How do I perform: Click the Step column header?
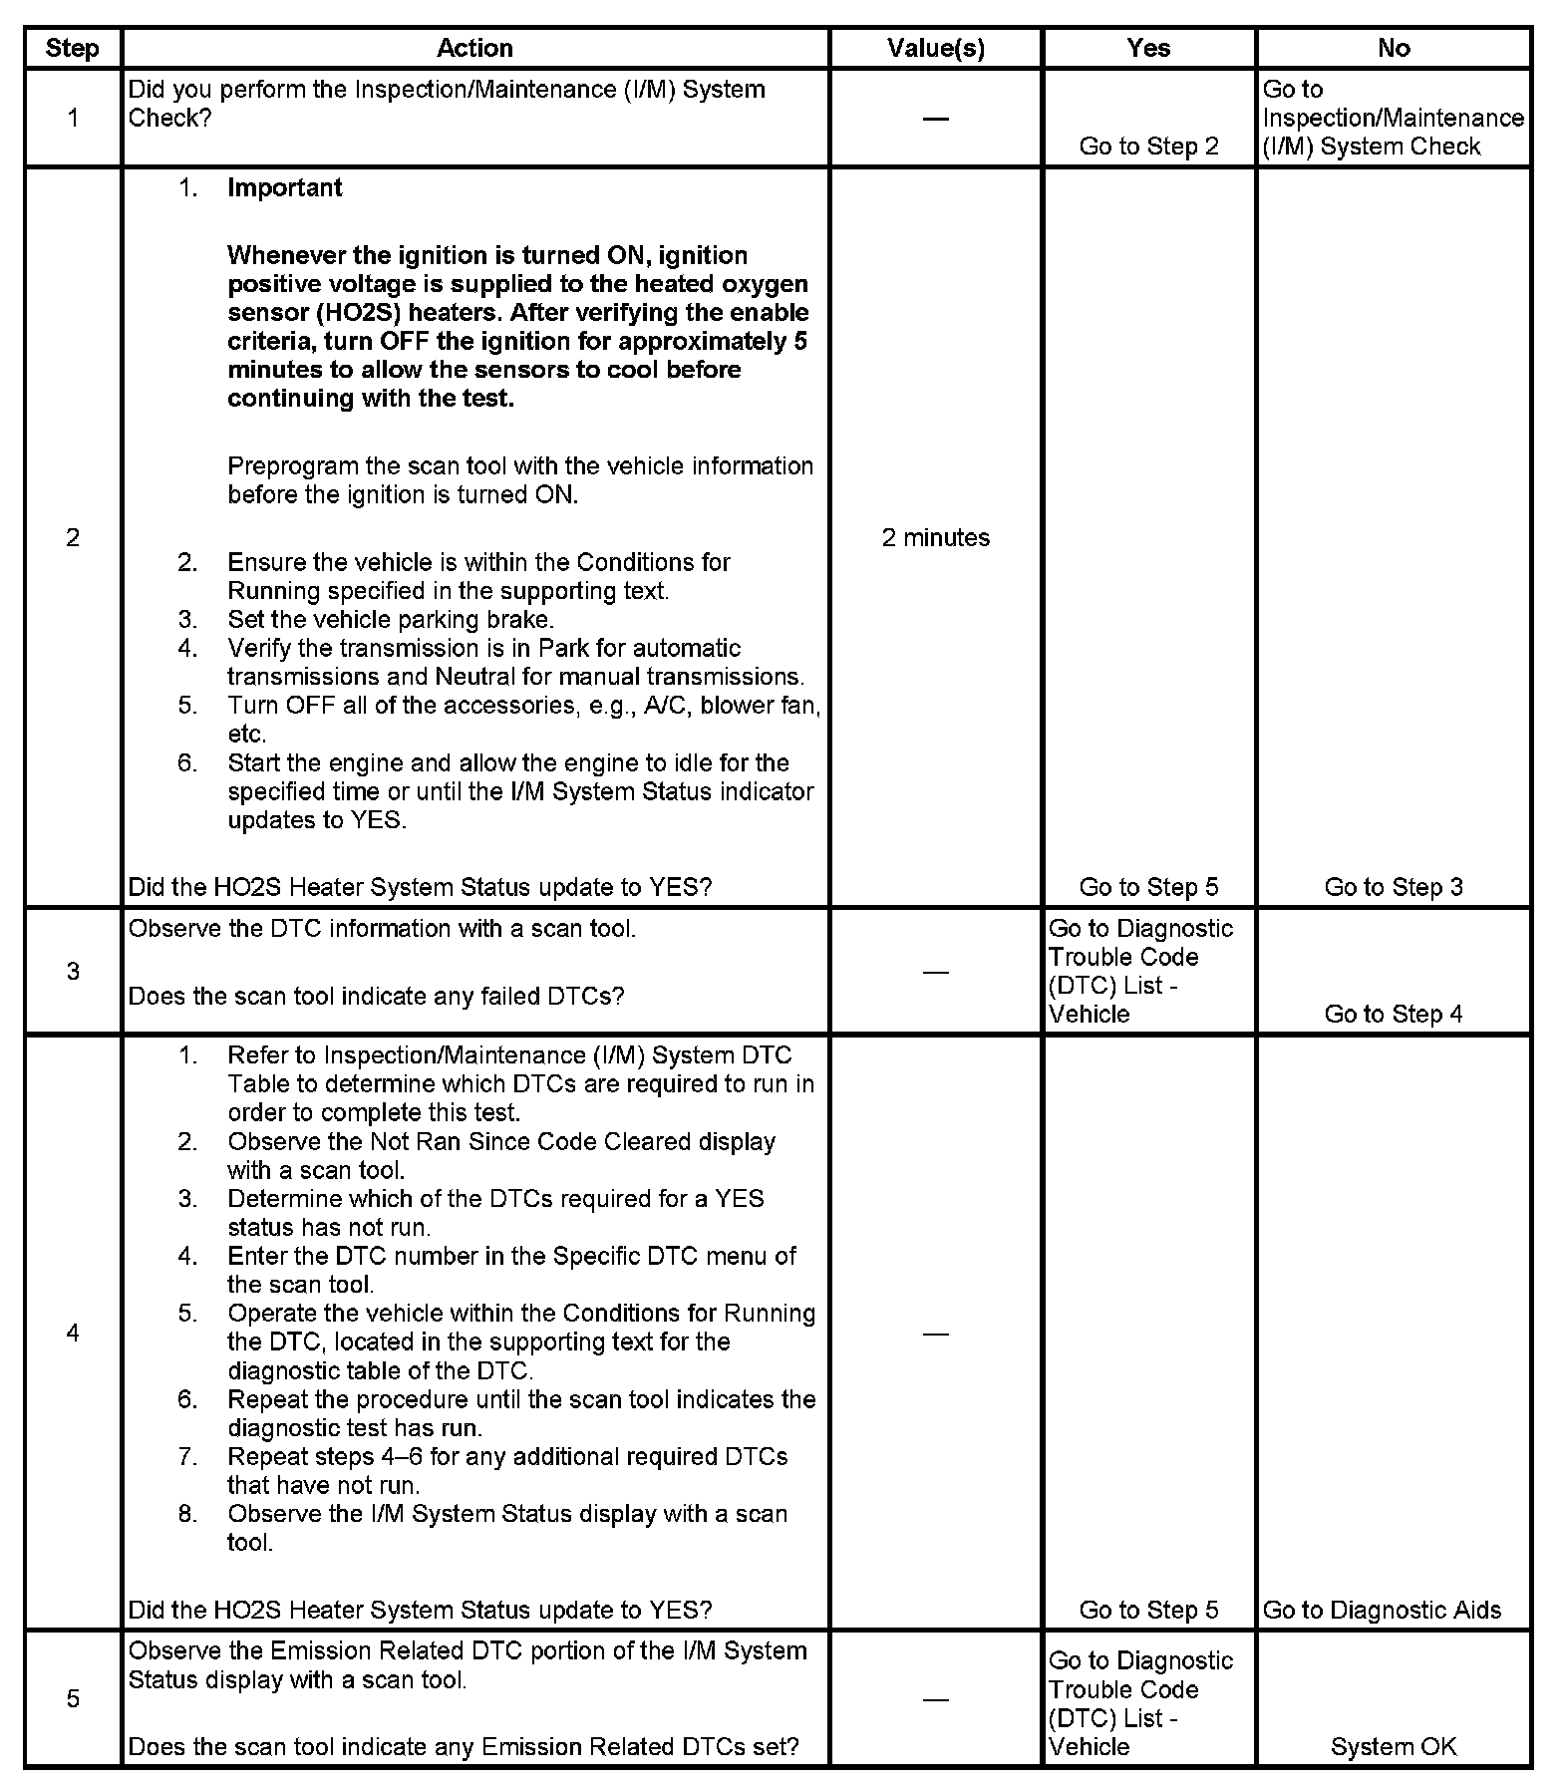(73, 48)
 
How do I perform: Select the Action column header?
(474, 48)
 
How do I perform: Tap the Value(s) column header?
(935, 48)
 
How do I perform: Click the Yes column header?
(1148, 48)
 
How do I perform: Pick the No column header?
(1394, 48)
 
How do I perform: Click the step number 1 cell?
(73, 118)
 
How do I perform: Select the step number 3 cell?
(73, 971)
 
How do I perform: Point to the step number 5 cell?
(73, 1698)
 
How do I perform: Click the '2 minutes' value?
(935, 538)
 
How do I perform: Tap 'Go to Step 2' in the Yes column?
(1148, 147)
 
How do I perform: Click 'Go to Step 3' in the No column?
(1394, 887)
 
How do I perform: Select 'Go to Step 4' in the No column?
(1394, 1014)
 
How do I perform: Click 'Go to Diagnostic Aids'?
(1382, 1610)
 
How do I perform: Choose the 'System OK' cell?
(1394, 1746)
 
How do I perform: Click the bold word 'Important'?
(284, 188)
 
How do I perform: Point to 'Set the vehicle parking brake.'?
(391, 619)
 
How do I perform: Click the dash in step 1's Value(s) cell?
(935, 120)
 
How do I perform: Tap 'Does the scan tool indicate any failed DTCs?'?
(376, 996)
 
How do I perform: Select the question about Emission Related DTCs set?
(464, 1746)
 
